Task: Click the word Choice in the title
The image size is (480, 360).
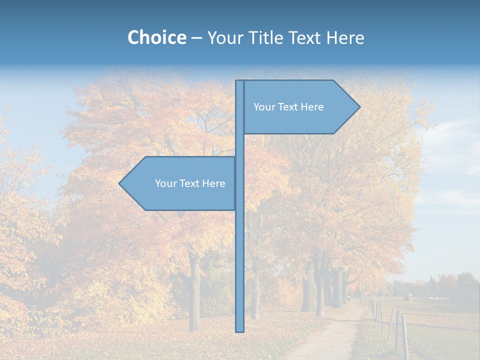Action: point(156,37)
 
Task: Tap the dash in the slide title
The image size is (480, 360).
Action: point(196,38)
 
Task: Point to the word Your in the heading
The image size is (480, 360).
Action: point(224,38)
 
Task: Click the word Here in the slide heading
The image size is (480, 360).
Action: point(345,38)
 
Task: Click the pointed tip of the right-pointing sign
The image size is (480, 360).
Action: point(359,106)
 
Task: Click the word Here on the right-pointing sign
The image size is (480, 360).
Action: point(312,107)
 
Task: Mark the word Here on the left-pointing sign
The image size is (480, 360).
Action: point(214,183)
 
